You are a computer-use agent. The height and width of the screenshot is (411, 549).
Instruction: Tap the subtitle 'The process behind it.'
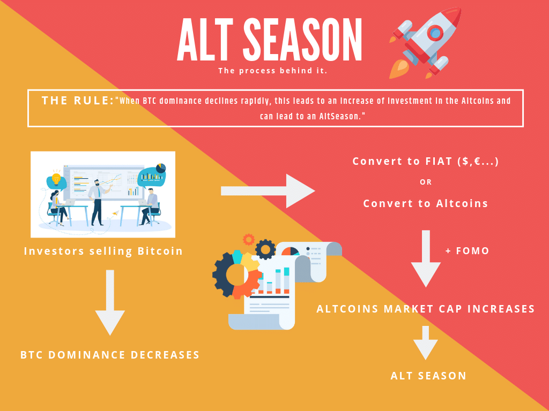(273, 71)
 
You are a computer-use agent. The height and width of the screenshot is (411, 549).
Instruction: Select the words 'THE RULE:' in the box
(78, 101)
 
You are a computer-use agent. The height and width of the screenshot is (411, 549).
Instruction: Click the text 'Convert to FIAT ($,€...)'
(426, 161)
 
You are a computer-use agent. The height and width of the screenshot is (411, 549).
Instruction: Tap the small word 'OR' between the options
(426, 182)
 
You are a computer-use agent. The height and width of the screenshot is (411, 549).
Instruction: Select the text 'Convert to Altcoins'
(426, 203)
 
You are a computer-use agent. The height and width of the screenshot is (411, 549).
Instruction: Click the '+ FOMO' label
(467, 250)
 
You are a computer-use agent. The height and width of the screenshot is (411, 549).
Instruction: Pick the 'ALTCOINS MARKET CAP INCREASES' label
(426, 309)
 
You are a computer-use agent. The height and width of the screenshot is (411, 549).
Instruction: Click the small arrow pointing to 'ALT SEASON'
(426, 342)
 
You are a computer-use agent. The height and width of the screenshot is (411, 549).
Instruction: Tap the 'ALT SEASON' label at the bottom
(428, 376)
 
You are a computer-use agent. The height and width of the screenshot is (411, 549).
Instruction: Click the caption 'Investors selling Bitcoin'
(103, 250)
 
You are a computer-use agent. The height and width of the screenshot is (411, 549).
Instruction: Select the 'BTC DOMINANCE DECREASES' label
(110, 355)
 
